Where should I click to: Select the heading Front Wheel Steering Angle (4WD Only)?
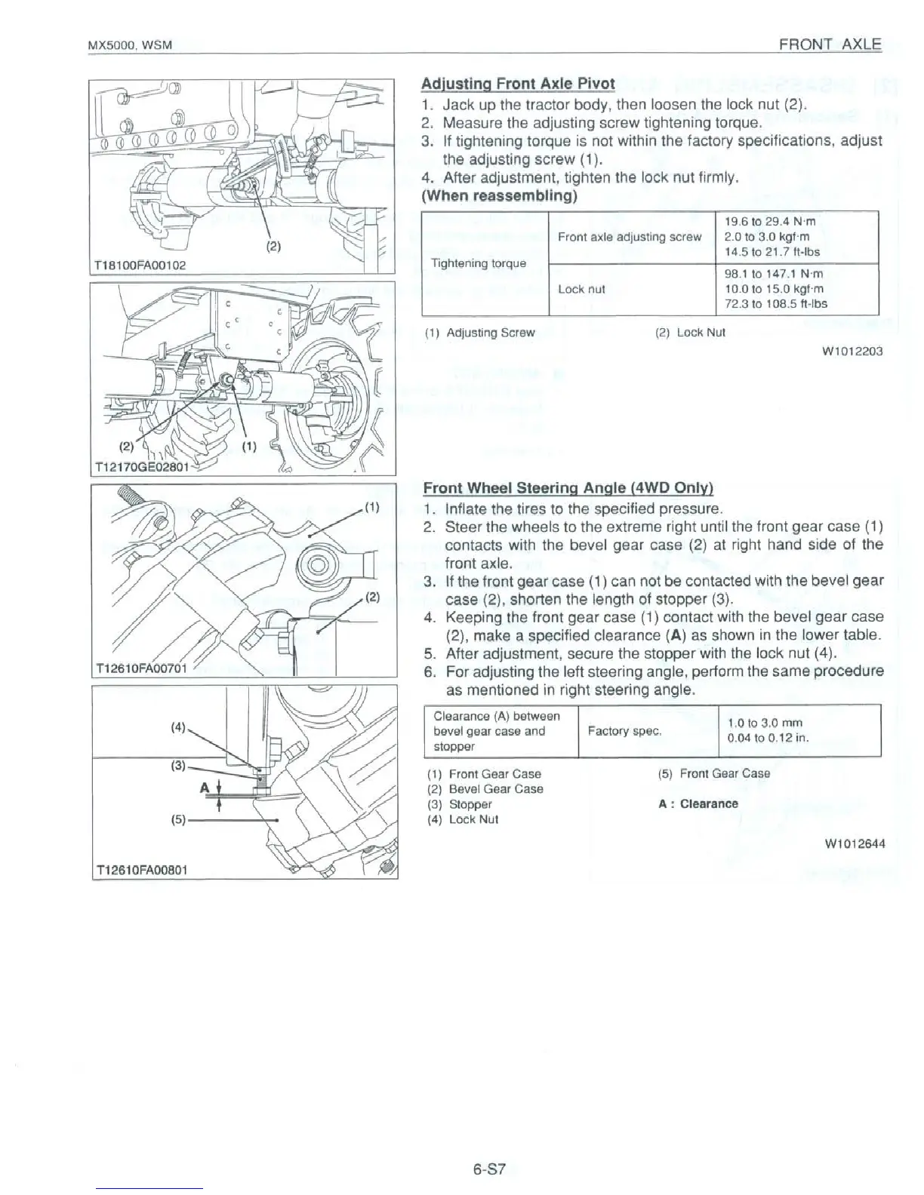568,488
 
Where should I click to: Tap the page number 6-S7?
489,1171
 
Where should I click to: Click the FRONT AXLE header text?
830,45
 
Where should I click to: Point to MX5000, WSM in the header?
131,46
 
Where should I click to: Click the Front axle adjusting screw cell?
629,237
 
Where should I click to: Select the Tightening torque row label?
478,263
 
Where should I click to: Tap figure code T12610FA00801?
141,870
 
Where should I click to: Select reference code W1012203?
856,352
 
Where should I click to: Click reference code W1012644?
856,843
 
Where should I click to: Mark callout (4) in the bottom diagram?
178,728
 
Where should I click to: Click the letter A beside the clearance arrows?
203,788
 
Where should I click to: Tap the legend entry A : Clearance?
698,804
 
